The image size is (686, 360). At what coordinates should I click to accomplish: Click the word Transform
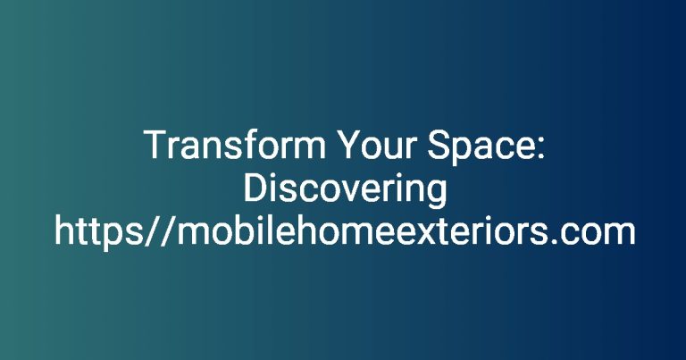coord(235,145)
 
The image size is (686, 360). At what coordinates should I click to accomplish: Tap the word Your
coord(376,145)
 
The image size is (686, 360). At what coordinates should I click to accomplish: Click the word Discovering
coord(345,190)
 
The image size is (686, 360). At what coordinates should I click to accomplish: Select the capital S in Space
coord(439,145)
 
